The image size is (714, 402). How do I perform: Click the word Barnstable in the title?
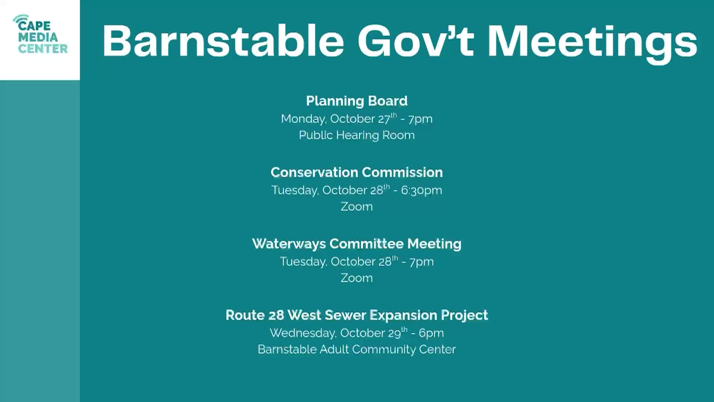pos(223,41)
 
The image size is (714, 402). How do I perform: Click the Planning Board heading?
pos(357,101)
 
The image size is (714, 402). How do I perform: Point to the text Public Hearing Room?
pos(357,135)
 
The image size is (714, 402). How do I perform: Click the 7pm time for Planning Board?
pos(420,119)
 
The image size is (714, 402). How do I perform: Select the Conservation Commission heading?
pos(357,172)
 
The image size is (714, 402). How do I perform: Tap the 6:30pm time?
pos(421,191)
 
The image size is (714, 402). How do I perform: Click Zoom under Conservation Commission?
pos(357,207)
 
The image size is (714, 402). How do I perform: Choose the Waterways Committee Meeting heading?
pos(357,244)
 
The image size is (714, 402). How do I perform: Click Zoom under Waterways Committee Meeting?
pos(357,278)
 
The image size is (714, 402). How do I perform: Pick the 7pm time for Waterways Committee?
pos(421,262)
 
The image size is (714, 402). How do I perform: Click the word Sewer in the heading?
pos(345,315)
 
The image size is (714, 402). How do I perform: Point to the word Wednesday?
pos(303,333)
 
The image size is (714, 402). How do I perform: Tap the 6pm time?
pos(431,334)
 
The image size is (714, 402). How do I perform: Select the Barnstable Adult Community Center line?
pos(357,350)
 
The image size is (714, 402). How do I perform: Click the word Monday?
pos(303,119)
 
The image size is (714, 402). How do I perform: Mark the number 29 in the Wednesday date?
pos(394,334)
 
